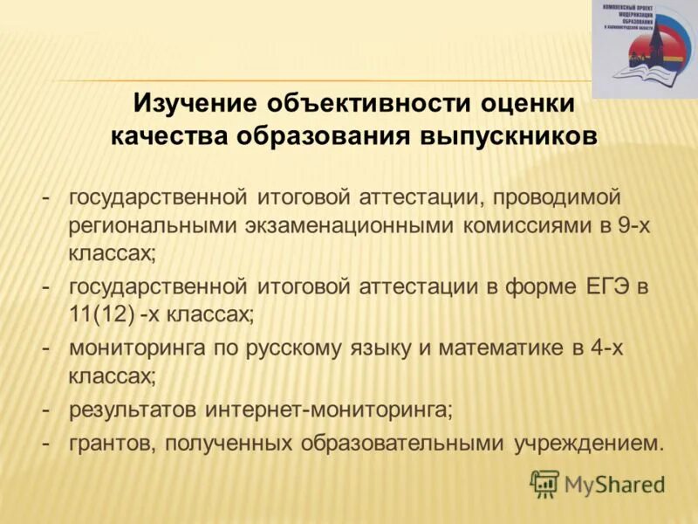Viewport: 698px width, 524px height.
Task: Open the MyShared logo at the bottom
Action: point(599,483)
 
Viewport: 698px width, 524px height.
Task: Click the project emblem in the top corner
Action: point(644,48)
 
